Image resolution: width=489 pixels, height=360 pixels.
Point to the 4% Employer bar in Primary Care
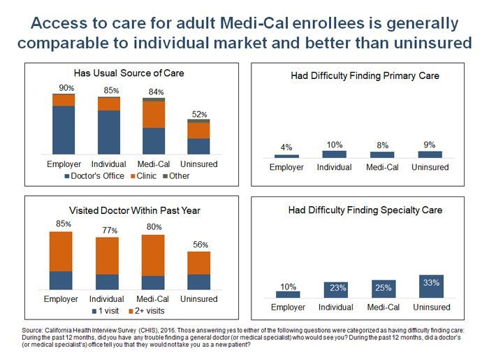tap(286, 156)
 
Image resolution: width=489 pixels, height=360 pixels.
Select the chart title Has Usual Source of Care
tap(124, 73)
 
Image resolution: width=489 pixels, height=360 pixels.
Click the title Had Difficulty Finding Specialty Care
tap(365, 210)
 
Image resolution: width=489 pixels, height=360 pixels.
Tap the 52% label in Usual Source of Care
tap(198, 114)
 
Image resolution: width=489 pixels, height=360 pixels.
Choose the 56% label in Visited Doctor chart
tap(199, 245)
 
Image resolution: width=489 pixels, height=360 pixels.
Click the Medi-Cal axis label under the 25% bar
tap(382, 307)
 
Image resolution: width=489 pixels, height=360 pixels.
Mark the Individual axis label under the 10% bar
tap(334, 167)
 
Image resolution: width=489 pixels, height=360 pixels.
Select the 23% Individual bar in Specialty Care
tap(334, 289)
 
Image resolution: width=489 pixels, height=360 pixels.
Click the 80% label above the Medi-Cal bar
tap(153, 227)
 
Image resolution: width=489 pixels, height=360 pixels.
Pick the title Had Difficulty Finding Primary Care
tap(365, 75)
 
